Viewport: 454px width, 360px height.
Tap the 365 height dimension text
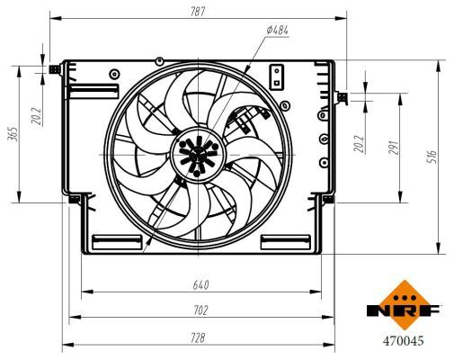[13, 135]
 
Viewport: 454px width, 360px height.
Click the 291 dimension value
[392, 148]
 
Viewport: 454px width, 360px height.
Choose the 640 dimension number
[200, 285]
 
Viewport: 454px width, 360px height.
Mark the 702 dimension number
[200, 310]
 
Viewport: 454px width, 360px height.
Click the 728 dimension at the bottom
[198, 337]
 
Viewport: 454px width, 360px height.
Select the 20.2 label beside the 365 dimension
[37, 118]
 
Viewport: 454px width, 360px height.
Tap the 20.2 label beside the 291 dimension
[358, 143]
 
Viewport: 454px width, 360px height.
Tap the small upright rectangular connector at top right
[278, 74]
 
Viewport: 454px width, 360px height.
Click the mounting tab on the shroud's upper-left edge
[58, 67]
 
